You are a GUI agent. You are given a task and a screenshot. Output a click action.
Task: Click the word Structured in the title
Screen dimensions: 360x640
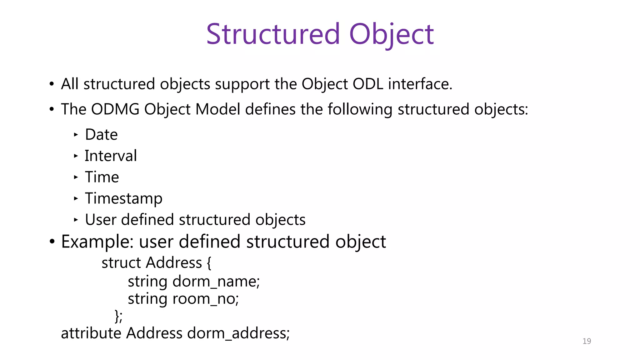pyautogui.click(x=272, y=34)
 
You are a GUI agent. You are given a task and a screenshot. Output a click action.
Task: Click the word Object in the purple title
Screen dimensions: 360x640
pyautogui.click(x=391, y=34)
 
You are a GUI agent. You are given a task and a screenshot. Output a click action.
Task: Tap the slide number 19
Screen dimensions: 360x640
pyautogui.click(x=587, y=341)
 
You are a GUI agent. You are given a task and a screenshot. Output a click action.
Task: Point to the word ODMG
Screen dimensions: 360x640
pyautogui.click(x=115, y=109)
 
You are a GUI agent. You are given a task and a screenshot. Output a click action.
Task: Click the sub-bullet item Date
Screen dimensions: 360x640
pyautogui.click(x=101, y=135)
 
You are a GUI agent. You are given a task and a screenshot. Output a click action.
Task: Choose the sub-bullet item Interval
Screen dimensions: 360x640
pyautogui.click(x=111, y=156)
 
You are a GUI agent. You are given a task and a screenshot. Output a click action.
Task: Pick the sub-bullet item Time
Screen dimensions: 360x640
pyautogui.click(x=102, y=177)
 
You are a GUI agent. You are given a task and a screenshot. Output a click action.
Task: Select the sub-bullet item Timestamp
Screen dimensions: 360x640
pyautogui.click(x=123, y=199)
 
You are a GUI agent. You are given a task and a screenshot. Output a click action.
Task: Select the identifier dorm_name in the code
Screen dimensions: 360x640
pyautogui.click(x=216, y=282)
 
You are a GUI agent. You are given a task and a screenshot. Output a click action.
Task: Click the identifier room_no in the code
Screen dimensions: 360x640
pyautogui.click(x=205, y=299)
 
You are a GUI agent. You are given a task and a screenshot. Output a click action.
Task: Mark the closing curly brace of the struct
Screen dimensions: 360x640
pyautogui.click(x=117, y=316)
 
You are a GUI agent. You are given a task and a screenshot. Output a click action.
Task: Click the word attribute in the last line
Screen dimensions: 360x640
pyautogui.click(x=91, y=333)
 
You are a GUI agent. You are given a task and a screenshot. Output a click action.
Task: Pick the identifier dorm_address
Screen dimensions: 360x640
pyautogui.click(x=238, y=333)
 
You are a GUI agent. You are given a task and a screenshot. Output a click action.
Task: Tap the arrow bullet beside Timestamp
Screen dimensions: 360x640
pyautogui.click(x=76, y=198)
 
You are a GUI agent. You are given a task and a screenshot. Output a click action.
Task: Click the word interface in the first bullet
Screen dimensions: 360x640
pyautogui.click(x=420, y=84)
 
